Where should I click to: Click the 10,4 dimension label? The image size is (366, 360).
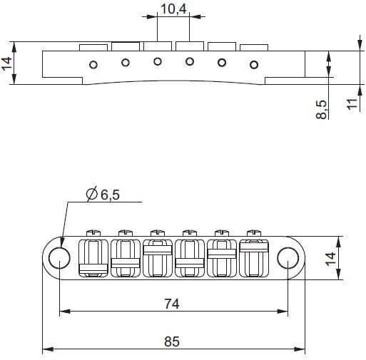(x=172, y=9)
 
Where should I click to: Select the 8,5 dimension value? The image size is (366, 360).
(x=322, y=109)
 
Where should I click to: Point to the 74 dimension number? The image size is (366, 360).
(x=171, y=303)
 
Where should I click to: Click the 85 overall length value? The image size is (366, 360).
(x=172, y=341)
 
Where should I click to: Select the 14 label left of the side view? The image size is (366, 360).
(x=7, y=65)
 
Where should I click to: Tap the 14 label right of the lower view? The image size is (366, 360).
(x=350, y=257)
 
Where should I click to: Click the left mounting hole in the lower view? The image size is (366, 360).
(x=60, y=257)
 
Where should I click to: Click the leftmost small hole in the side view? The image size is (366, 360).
(x=93, y=65)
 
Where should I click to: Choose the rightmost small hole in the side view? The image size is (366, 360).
(x=253, y=66)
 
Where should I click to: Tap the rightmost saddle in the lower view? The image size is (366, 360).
(x=253, y=257)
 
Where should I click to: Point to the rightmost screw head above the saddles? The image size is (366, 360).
(x=253, y=232)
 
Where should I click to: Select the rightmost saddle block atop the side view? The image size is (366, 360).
(x=253, y=48)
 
